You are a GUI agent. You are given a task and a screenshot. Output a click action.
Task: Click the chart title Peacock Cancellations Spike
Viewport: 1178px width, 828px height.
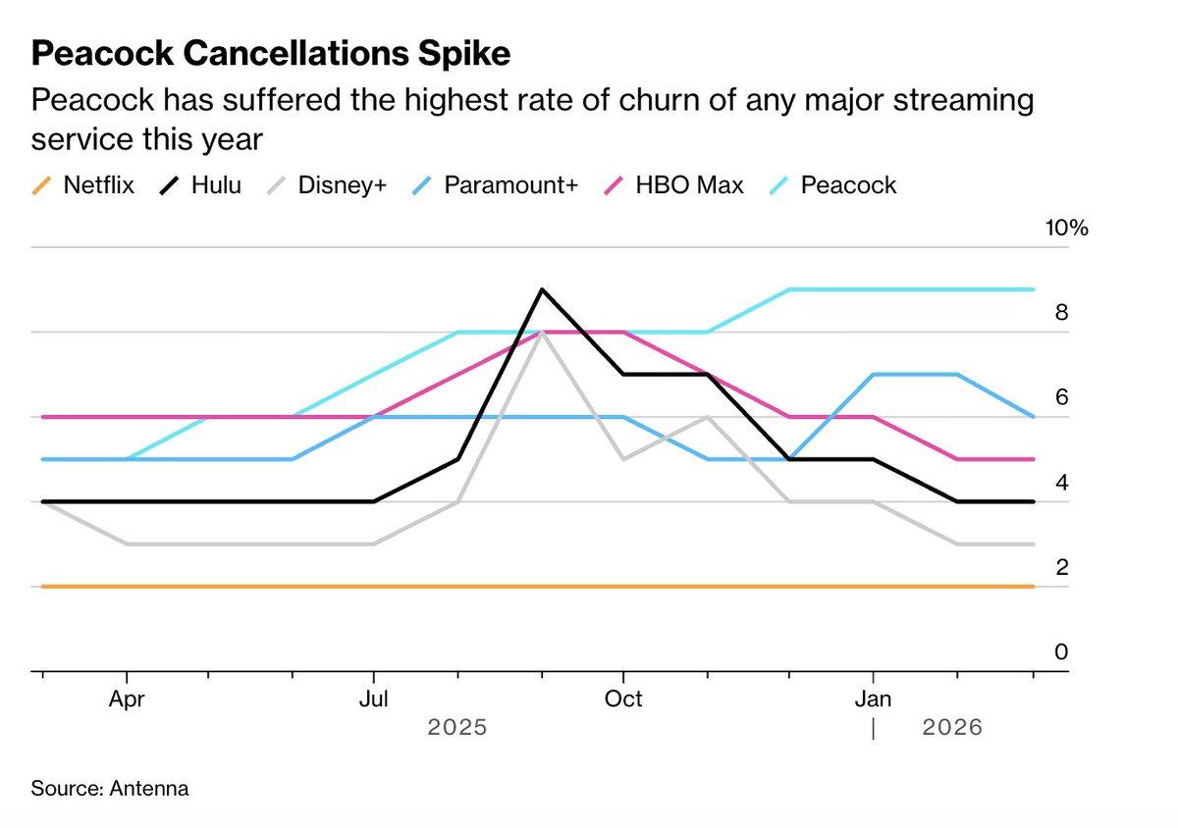(270, 54)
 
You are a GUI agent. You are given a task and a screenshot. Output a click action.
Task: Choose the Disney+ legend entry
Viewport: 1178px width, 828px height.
(329, 184)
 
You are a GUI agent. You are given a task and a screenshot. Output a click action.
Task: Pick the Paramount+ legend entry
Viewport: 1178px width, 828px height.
(497, 184)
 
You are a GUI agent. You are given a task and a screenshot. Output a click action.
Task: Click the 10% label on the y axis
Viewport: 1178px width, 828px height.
(1067, 229)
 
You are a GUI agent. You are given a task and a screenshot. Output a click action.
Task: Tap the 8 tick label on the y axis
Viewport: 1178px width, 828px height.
(1061, 314)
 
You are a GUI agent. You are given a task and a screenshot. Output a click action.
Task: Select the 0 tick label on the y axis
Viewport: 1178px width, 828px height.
(1061, 652)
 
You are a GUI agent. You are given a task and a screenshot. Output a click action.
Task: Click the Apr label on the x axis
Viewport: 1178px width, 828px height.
(127, 699)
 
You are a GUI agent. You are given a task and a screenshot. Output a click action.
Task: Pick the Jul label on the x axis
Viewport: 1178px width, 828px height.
(373, 699)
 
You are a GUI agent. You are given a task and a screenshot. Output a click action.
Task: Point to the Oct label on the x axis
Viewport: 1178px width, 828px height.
(622, 699)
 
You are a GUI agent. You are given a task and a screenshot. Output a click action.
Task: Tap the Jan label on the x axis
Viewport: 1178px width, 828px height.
(873, 699)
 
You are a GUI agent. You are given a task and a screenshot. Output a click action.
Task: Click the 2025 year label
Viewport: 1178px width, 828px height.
(457, 728)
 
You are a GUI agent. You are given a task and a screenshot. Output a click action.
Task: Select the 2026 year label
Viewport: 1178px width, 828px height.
(951, 728)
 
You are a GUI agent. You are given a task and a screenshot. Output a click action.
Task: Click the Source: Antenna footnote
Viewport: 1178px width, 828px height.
(109, 789)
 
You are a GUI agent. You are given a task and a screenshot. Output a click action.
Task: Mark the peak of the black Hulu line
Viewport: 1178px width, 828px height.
(541, 289)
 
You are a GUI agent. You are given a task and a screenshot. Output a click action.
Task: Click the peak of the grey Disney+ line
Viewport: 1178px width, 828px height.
(541, 334)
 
